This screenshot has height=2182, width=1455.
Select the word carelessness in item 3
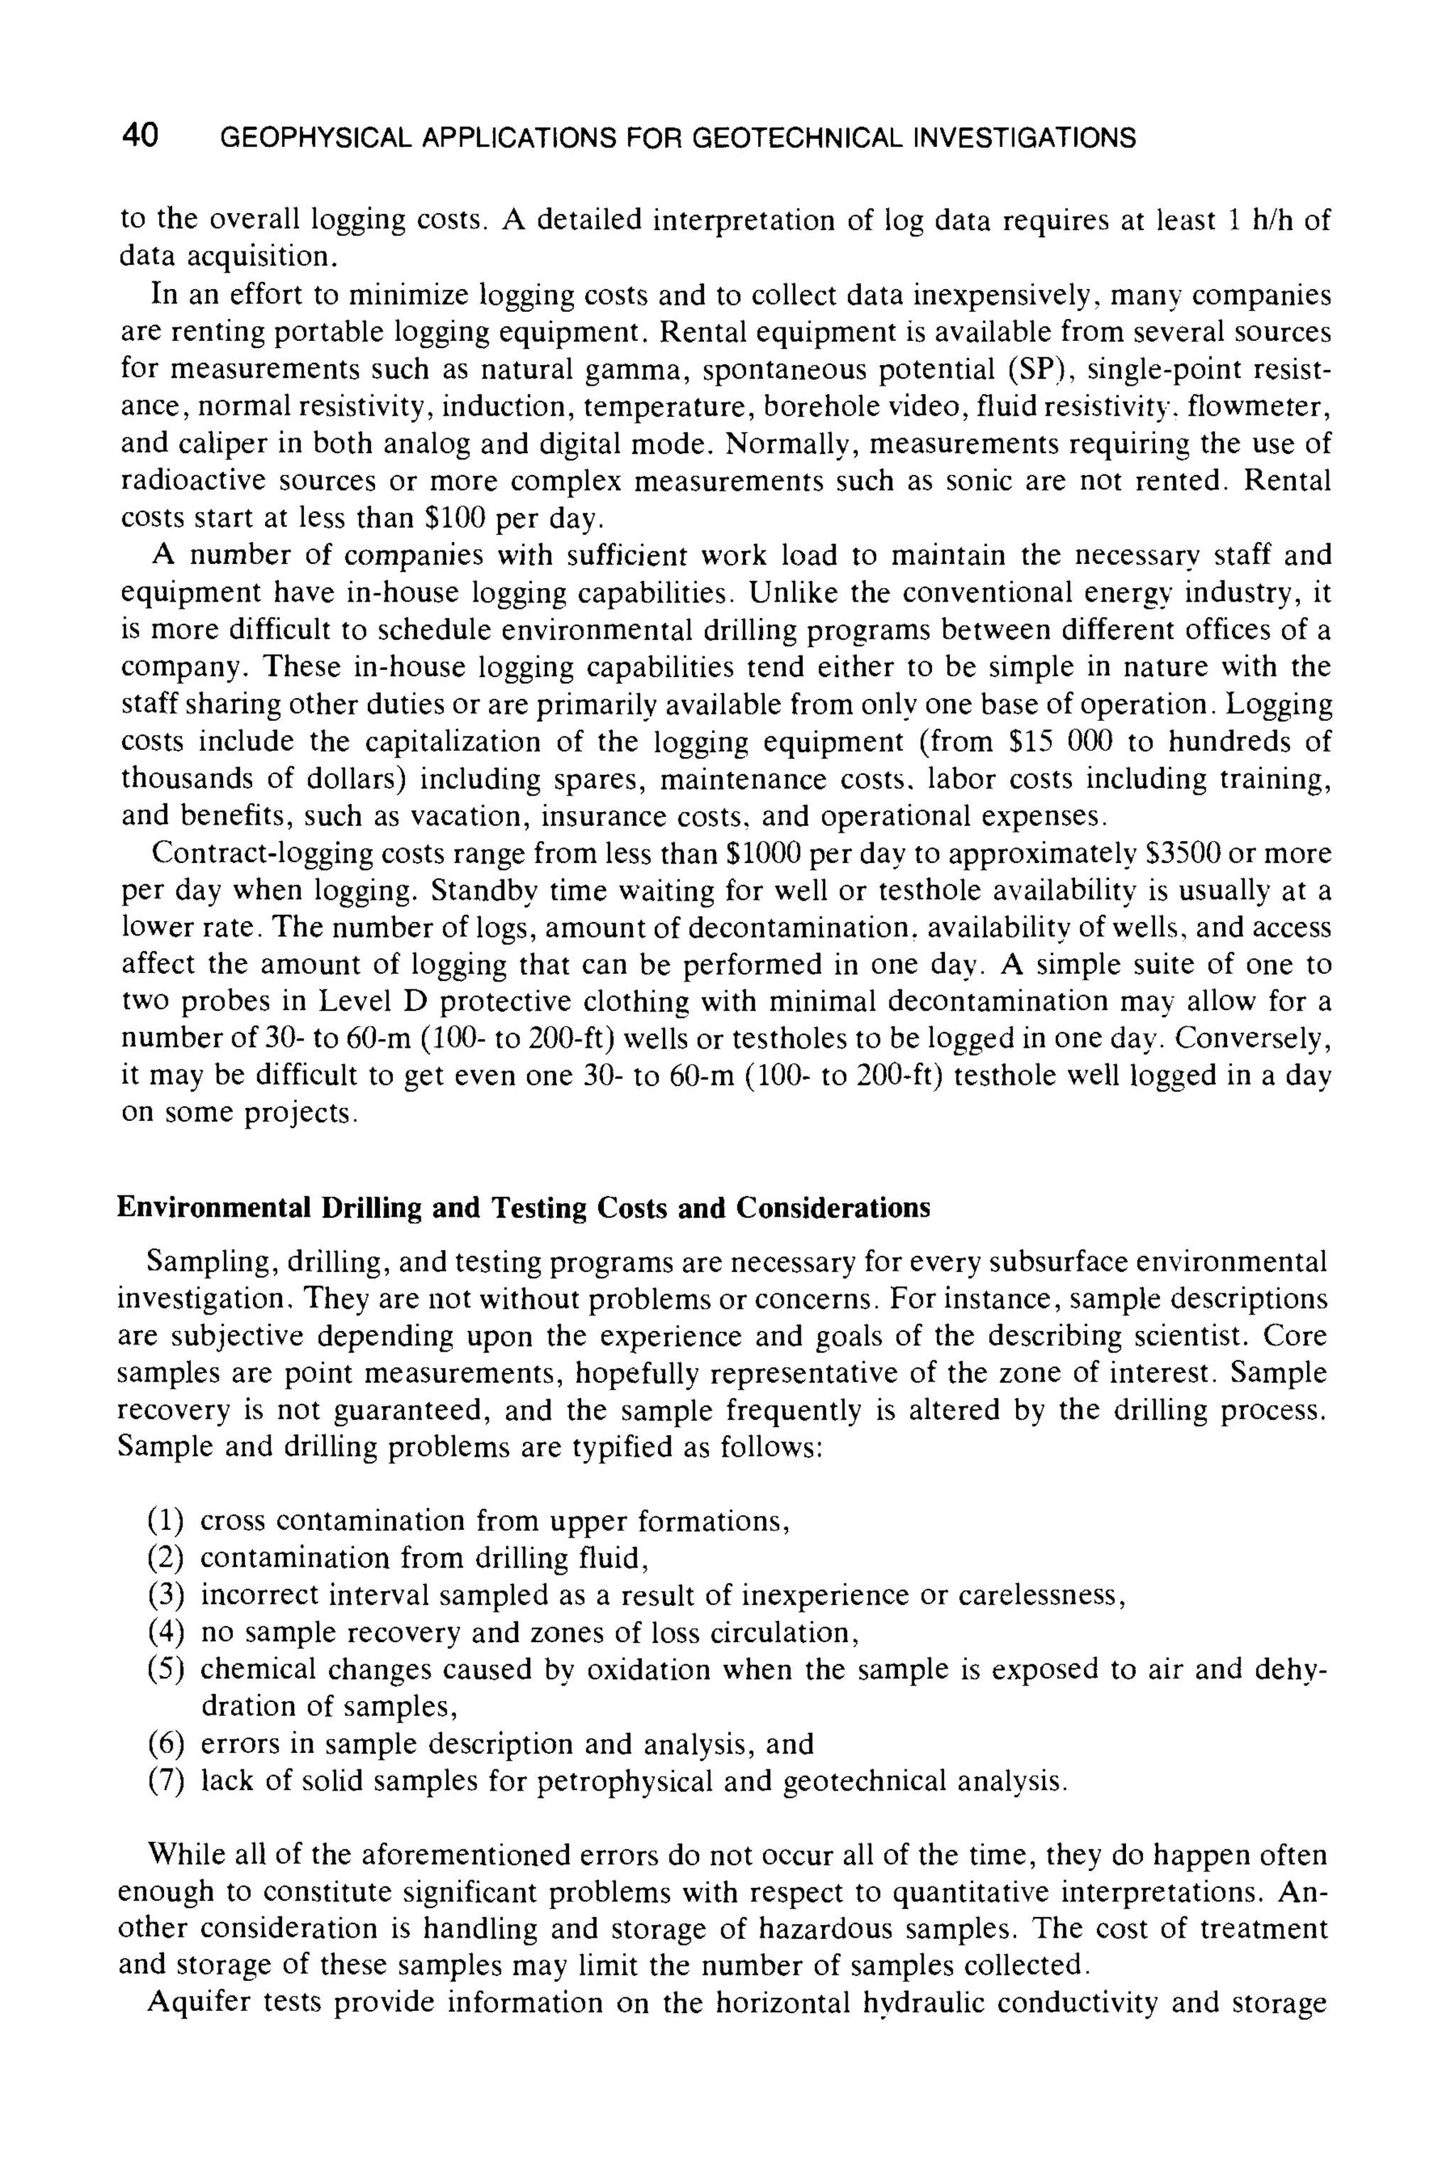click(x=1040, y=1596)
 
